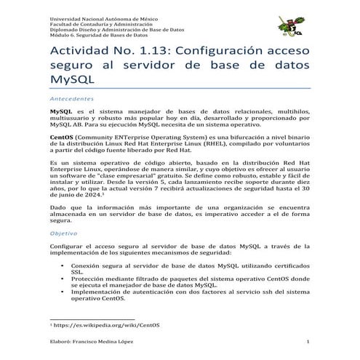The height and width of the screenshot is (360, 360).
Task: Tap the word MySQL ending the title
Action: point(71,81)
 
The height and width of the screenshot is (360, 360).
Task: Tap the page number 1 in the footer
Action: point(308,341)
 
